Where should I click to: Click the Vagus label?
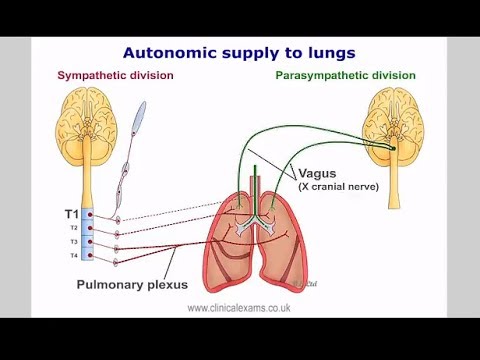click(316, 173)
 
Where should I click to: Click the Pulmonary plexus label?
click(132, 284)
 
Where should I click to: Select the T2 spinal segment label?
click(74, 228)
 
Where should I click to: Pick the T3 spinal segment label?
click(74, 242)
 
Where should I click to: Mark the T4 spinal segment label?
click(74, 257)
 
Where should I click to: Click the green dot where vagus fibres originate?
click(393, 149)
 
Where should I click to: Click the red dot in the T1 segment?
click(91, 215)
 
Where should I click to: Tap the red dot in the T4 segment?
click(91, 257)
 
